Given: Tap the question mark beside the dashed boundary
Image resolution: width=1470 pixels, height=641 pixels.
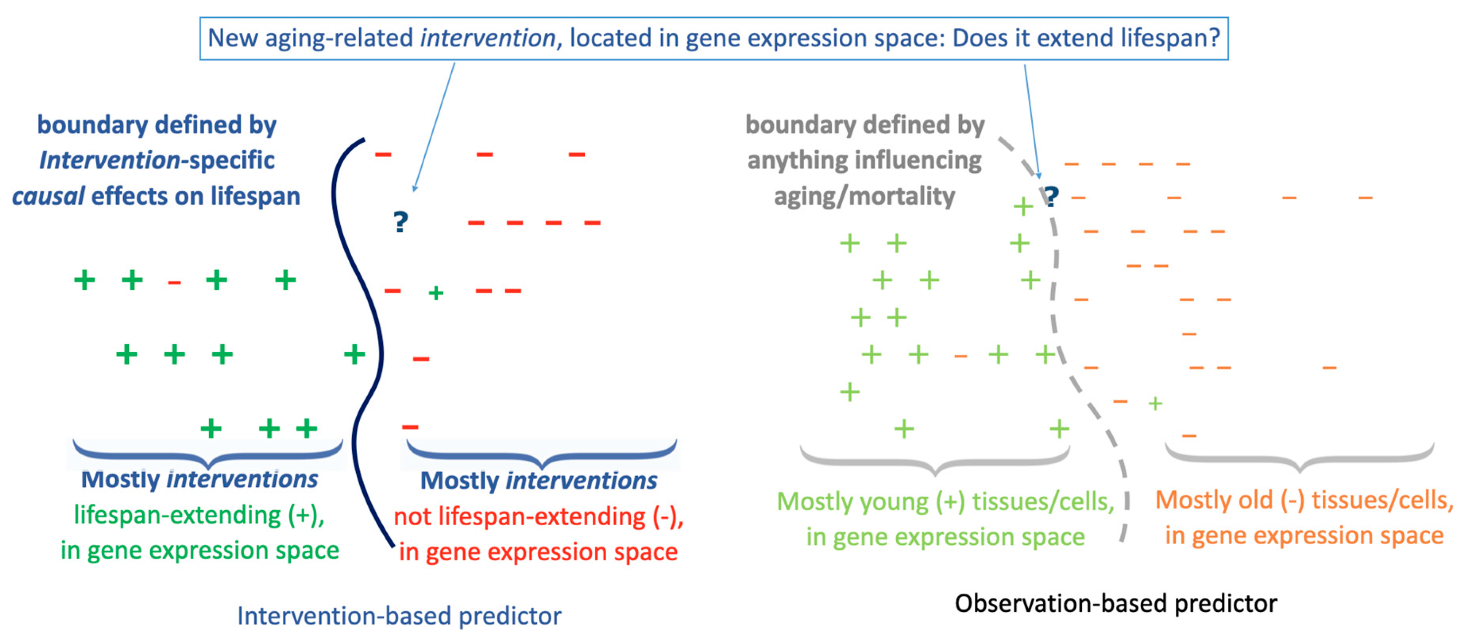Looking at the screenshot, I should tap(1051, 196).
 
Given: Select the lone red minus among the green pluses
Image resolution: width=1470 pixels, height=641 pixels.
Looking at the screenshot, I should tap(175, 282).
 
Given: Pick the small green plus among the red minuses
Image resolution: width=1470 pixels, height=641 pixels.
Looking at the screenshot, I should tap(436, 293).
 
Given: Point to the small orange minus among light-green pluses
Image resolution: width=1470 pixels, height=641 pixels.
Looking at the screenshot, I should tap(960, 356).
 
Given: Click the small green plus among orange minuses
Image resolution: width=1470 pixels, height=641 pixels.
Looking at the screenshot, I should tap(1155, 404).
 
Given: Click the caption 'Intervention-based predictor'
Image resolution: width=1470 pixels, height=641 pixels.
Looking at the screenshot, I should tap(399, 616).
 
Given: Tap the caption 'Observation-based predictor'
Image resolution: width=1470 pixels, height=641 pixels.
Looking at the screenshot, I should tap(1116, 603).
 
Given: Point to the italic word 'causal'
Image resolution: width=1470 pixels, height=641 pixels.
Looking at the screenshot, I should tap(49, 196).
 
